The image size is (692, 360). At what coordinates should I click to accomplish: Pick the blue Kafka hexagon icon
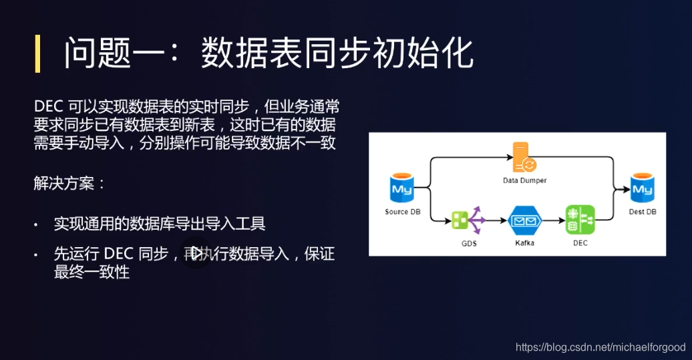tap(524, 220)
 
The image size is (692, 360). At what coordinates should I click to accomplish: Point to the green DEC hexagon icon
tap(580, 220)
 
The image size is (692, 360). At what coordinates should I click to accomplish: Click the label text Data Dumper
tap(524, 180)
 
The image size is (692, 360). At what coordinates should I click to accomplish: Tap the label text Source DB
tap(402, 212)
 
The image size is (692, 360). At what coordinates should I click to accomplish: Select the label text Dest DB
tap(643, 212)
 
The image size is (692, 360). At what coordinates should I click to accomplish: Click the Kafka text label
tap(524, 243)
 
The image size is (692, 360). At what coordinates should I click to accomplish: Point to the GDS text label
tap(469, 243)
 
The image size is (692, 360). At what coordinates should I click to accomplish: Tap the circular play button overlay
tap(196, 253)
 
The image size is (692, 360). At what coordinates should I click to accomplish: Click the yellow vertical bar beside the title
tap(38, 53)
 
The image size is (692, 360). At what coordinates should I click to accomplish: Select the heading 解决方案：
tap(69, 183)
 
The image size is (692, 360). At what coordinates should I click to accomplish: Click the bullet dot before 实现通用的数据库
tap(37, 225)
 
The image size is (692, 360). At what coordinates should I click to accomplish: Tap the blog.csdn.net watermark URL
tap(601, 347)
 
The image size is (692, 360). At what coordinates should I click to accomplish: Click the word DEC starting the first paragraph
tap(49, 107)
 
